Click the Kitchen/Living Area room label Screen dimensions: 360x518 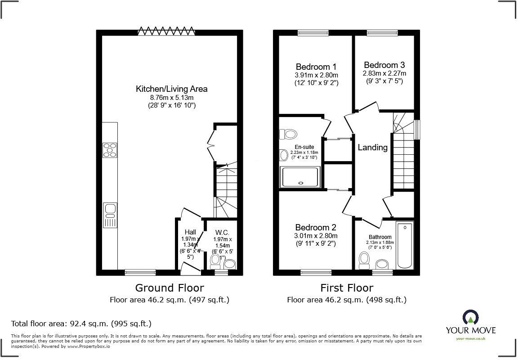[171, 89]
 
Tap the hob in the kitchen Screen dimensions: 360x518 [109, 150]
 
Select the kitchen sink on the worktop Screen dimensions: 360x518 [109, 215]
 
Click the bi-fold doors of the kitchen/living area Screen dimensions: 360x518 [166, 31]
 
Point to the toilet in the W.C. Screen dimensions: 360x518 [215, 261]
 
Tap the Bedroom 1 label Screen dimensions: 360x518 [316, 67]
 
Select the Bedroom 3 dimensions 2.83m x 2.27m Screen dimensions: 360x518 [384, 73]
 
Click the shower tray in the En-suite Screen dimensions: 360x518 [300, 177]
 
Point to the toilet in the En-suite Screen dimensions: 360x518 [288, 134]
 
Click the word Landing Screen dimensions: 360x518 [372, 147]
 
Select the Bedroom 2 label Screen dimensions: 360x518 [316, 228]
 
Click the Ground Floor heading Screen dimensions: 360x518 [170, 288]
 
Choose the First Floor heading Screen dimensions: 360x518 [346, 288]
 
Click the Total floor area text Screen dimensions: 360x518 [81, 323]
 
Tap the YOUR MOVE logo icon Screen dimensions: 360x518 [470, 318]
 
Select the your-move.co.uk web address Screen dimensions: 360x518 [470, 338]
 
